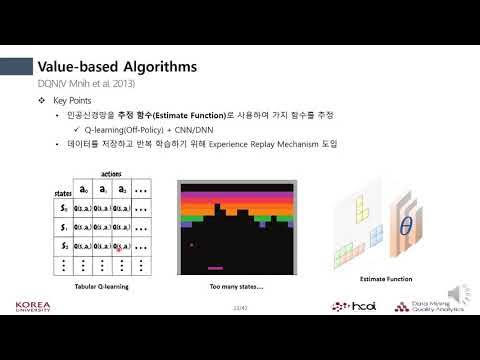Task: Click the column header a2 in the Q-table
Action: click(x=122, y=187)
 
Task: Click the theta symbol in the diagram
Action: click(x=405, y=227)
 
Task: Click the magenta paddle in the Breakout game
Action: click(x=214, y=267)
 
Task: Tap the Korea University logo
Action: click(x=36, y=307)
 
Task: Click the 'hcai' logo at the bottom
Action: click(x=355, y=306)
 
